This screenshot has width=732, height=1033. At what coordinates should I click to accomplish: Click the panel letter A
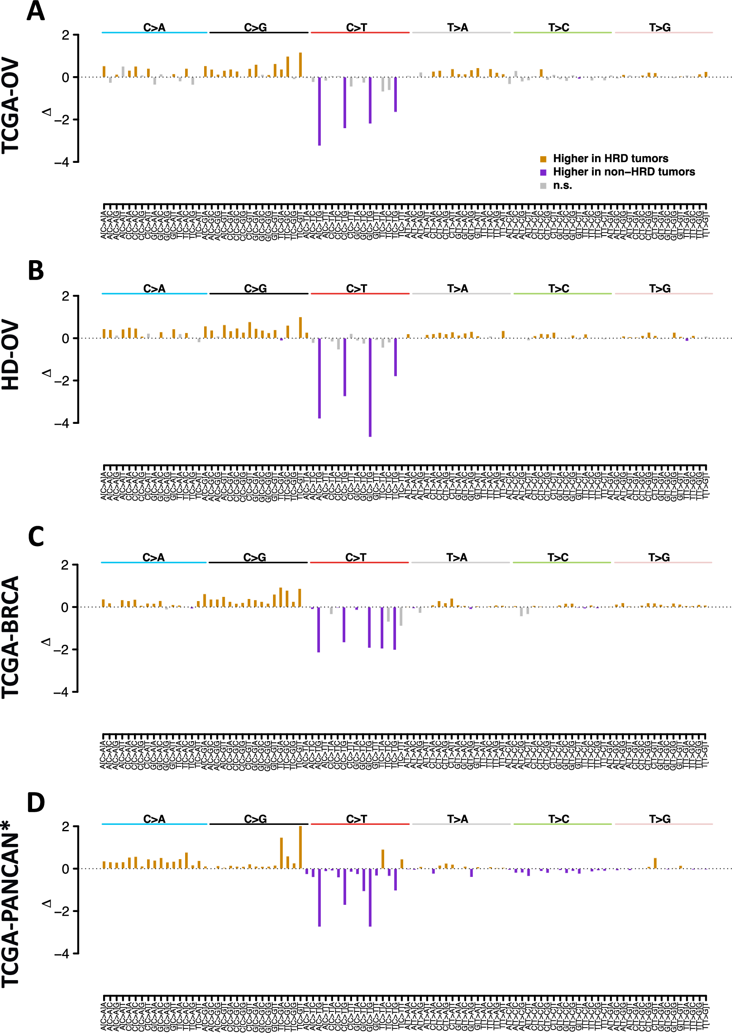coord(36,11)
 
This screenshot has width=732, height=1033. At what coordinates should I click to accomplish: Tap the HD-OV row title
coord(11,355)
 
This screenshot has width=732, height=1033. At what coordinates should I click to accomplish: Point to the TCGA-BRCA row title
coord(11,637)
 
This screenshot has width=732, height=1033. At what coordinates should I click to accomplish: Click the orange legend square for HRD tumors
coord(543,159)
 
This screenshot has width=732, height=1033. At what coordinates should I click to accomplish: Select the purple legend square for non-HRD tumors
coord(543,172)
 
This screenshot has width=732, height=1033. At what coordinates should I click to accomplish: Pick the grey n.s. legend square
coord(543,186)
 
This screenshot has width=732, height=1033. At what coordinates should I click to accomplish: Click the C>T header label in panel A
coord(357,27)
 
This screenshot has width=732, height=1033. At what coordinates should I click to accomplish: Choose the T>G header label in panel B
coord(660,288)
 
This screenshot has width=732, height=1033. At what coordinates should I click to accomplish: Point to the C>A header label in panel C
coord(153,557)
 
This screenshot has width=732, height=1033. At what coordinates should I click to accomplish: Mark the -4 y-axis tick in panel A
coord(62,162)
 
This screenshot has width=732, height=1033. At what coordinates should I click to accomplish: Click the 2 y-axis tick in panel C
coord(65,565)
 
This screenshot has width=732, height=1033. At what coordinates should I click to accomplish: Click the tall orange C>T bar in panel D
coord(382,859)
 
